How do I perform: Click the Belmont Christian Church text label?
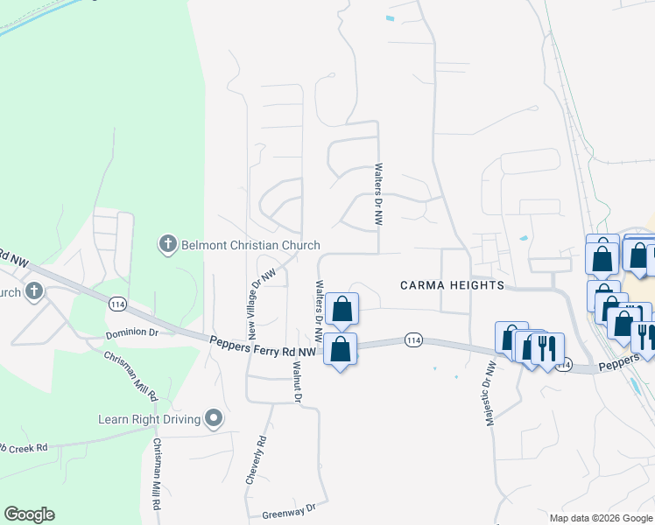(250, 245)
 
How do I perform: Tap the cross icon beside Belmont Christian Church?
(168, 244)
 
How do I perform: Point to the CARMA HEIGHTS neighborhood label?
(452, 285)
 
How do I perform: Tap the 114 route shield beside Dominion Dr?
(117, 303)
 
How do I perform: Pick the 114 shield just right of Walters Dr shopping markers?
(414, 339)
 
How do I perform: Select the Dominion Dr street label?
(131, 333)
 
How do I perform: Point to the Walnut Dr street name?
(297, 382)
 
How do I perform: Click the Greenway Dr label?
(288, 508)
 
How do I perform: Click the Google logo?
(29, 514)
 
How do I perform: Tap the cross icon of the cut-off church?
(34, 291)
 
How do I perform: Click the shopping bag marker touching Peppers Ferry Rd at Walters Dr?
(341, 349)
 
